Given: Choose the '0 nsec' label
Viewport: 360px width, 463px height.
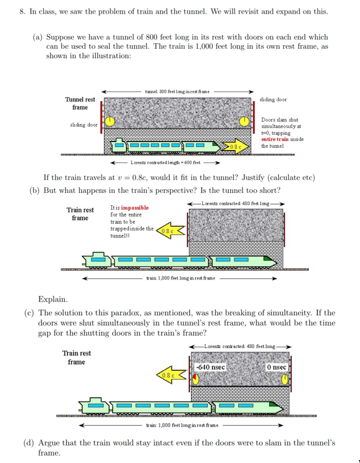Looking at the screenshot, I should pos(276,367).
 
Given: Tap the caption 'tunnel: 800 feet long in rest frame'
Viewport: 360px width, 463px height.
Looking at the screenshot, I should pos(177,91).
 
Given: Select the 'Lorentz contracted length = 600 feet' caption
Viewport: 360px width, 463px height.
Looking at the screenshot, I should pos(165,163).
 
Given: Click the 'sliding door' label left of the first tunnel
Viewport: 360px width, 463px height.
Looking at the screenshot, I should pos(84,125).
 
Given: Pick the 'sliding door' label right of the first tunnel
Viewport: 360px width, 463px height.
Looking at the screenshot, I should pos(273,99).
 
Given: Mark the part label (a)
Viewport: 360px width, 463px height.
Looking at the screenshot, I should pos(38,37).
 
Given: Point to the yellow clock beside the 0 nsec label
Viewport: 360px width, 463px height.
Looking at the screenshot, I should pos(285,378).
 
